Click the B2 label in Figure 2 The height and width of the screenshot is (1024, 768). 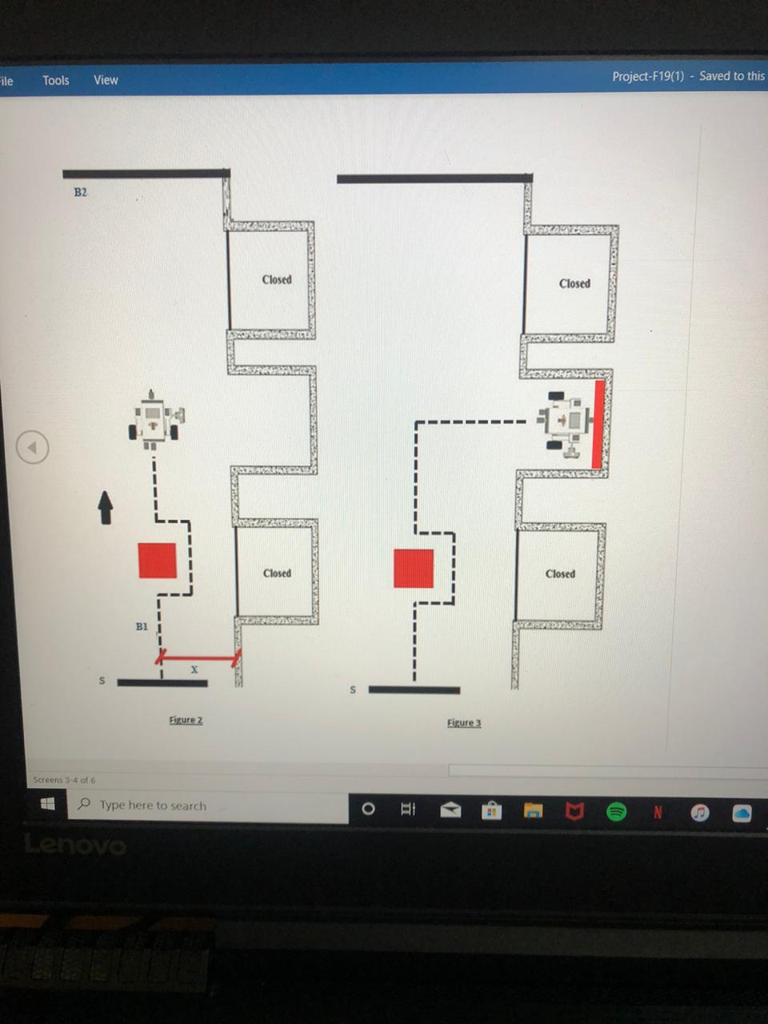pos(80,192)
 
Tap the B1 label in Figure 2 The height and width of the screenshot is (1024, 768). pos(142,626)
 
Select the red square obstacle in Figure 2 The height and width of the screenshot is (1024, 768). pos(157,560)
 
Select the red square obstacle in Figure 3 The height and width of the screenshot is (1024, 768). pos(414,568)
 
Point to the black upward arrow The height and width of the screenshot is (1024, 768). pos(105,507)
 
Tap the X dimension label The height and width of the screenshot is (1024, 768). pos(194,670)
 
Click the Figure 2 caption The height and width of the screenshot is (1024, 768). pos(186,720)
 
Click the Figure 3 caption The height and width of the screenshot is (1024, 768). pos(464,723)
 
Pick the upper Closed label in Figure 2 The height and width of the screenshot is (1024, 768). pos(277,279)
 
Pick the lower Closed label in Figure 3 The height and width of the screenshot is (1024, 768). pos(560,574)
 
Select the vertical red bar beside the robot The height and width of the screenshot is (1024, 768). pos(598,424)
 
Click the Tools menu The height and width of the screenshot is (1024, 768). pos(56,80)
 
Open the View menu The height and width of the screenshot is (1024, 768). pos(106,80)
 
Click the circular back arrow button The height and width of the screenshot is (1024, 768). pos(33,447)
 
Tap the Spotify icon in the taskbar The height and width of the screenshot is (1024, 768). pos(616,812)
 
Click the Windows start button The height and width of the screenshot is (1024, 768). pos(47,804)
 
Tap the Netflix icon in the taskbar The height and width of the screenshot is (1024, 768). pos(658,813)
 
